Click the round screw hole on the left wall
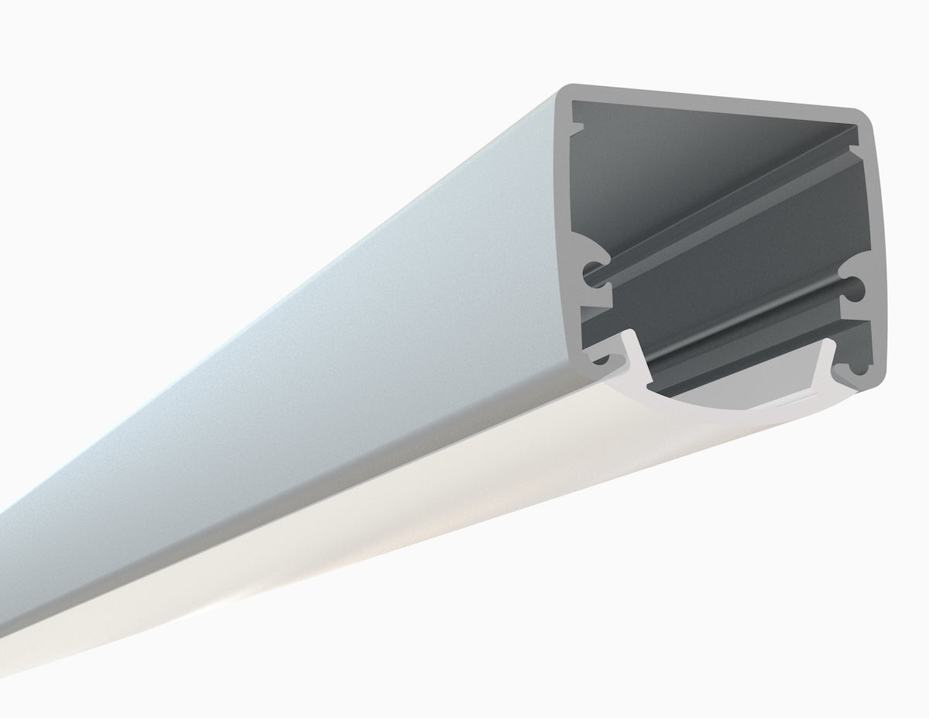click(594, 271)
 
